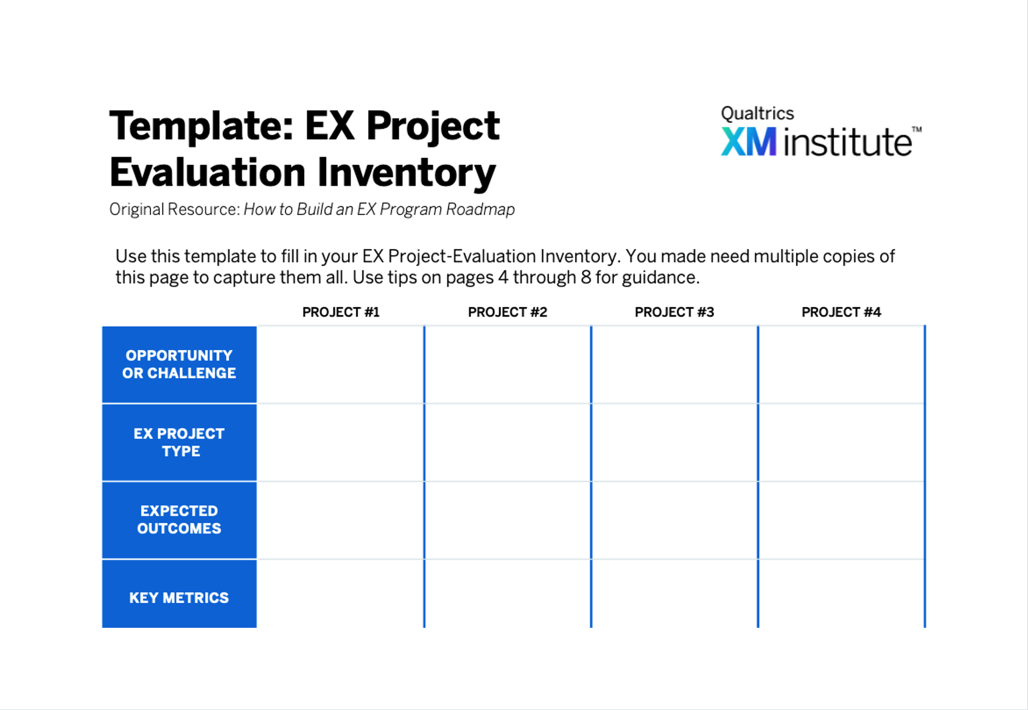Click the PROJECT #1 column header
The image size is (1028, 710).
click(x=340, y=312)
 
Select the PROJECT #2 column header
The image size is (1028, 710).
click(x=508, y=312)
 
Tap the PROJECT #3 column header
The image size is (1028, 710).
click(x=674, y=312)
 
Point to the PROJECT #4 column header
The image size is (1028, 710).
click(x=841, y=312)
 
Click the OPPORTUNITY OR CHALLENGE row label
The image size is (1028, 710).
click(x=179, y=364)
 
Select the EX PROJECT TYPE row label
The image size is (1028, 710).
click(x=179, y=442)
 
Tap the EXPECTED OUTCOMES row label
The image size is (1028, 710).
click(x=179, y=519)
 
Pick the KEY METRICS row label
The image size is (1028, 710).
click(x=179, y=597)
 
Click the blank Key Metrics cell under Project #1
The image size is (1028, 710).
click(x=340, y=593)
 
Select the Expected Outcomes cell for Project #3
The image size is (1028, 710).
click(x=674, y=521)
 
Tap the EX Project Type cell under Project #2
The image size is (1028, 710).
click(x=508, y=443)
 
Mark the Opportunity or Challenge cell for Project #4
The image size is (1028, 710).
click(x=841, y=365)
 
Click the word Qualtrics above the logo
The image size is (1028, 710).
click(x=757, y=113)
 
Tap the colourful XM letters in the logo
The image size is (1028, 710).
click(x=749, y=141)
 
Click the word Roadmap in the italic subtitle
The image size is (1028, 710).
click(x=480, y=209)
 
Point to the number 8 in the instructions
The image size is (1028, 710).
click(x=586, y=278)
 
